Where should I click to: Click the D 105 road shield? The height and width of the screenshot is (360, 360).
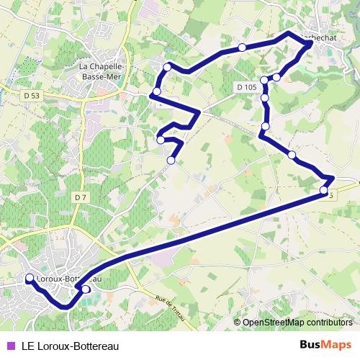point(246,87)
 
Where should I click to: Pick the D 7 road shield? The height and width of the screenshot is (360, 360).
point(81,197)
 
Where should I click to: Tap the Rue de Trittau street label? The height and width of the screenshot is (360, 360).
point(171,309)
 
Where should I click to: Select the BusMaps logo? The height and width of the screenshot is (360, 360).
point(325,344)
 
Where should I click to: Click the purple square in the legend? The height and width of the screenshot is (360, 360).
point(10,344)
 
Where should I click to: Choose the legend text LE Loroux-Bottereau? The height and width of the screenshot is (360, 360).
point(71,344)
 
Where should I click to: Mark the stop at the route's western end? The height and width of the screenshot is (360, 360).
point(30,279)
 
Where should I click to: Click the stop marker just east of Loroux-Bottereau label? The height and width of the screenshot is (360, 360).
point(86,289)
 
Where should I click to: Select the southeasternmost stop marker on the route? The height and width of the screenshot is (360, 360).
point(323,190)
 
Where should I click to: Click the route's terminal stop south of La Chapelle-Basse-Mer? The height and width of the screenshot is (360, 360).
point(171,160)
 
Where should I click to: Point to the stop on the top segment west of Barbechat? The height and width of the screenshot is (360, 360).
point(242,48)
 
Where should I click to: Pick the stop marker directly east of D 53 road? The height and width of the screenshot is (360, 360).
point(156,91)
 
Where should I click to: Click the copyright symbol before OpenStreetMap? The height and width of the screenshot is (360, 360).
point(238,323)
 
